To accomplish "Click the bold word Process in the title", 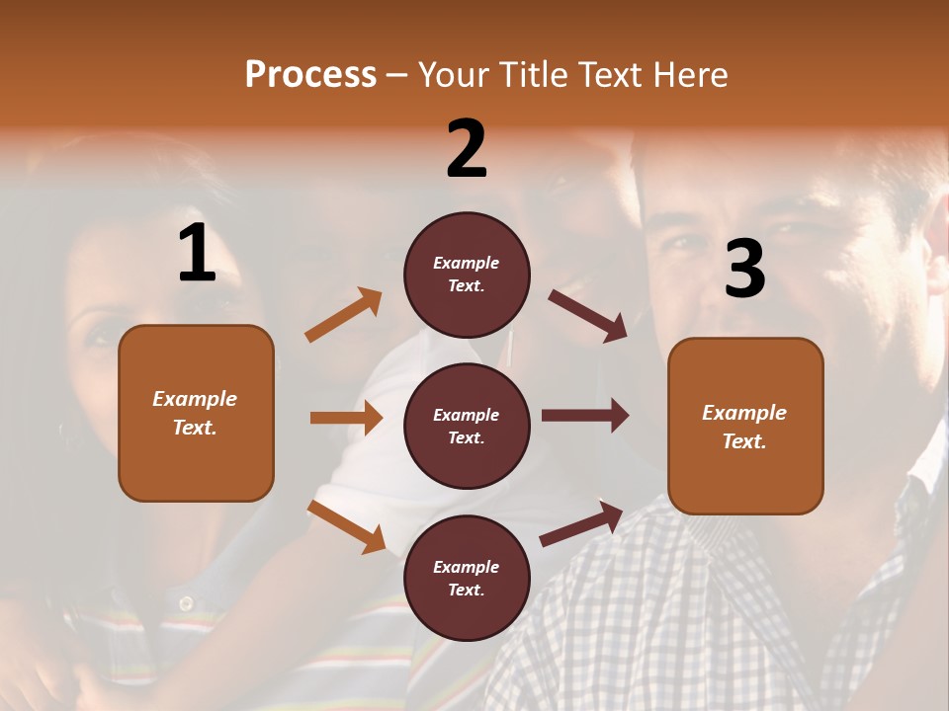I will pyautogui.click(x=310, y=75).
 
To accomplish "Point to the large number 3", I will pyautogui.click(x=745, y=269).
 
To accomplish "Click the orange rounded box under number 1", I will pyautogui.click(x=196, y=413).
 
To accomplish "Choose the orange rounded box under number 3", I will pyautogui.click(x=745, y=426).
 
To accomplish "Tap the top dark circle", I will pyautogui.click(x=467, y=275).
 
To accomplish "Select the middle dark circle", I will pyautogui.click(x=467, y=426).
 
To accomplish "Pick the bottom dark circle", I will pyautogui.click(x=467, y=578).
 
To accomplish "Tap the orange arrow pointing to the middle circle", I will pyautogui.click(x=346, y=418).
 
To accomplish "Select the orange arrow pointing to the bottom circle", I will pyautogui.click(x=346, y=526).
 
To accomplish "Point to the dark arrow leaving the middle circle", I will pyautogui.click(x=585, y=416).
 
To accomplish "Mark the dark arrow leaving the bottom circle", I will pyautogui.click(x=582, y=523).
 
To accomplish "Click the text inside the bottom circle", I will pyautogui.click(x=467, y=579).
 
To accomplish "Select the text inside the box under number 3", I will pyautogui.click(x=744, y=427).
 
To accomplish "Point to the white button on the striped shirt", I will pyautogui.click(x=185, y=602).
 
